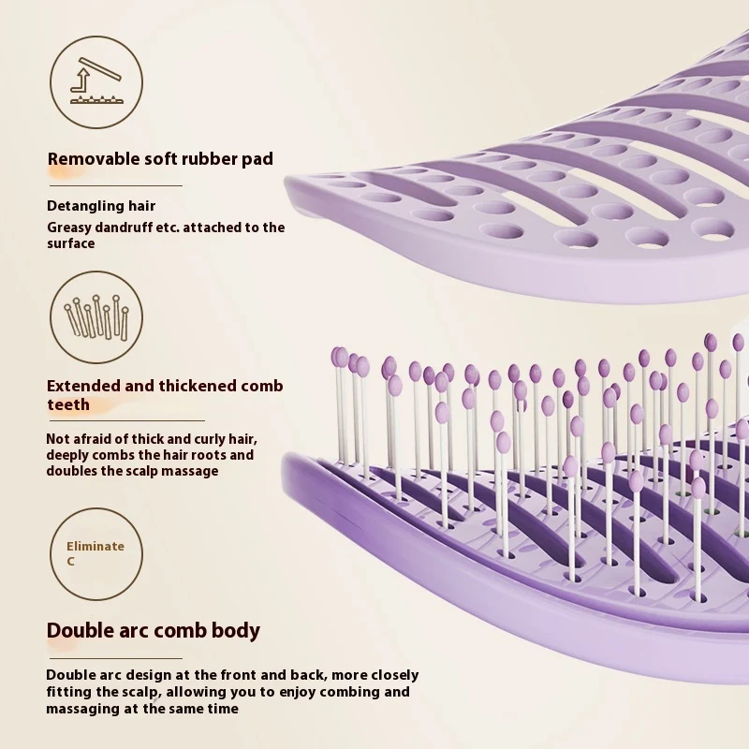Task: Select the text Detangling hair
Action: click(101, 206)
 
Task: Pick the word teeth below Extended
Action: click(68, 404)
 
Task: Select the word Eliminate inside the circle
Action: click(95, 546)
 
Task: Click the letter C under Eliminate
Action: click(71, 561)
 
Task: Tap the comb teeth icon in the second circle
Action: click(97, 316)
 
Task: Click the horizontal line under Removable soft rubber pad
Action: click(116, 185)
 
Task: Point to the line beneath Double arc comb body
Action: click(115, 658)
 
